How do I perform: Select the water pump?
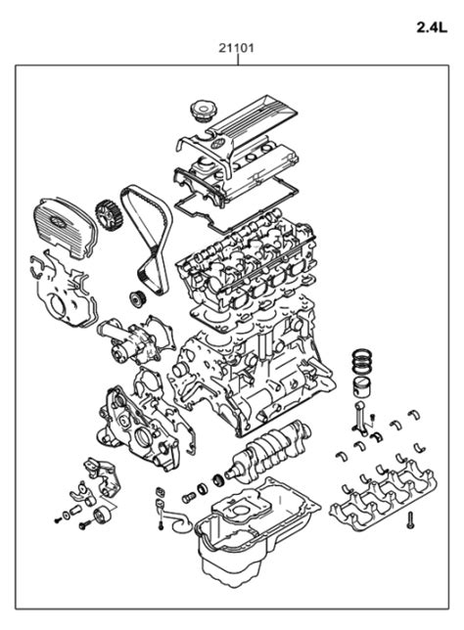point(123,340)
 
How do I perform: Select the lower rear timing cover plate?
point(54,293)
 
